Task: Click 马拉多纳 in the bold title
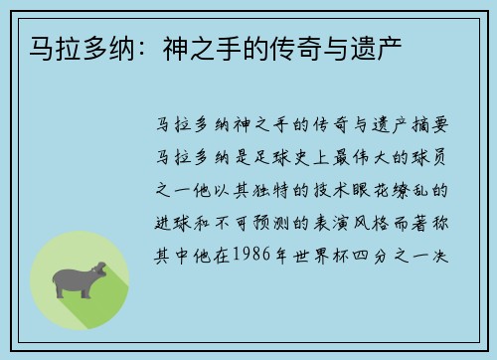(x=59, y=46)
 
